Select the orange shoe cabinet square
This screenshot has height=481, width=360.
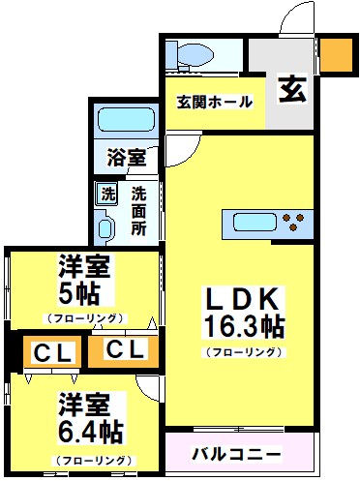[337, 54]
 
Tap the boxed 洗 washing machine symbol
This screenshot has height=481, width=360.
[107, 192]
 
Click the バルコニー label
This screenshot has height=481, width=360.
[236, 453]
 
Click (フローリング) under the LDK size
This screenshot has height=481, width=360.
[243, 351]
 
